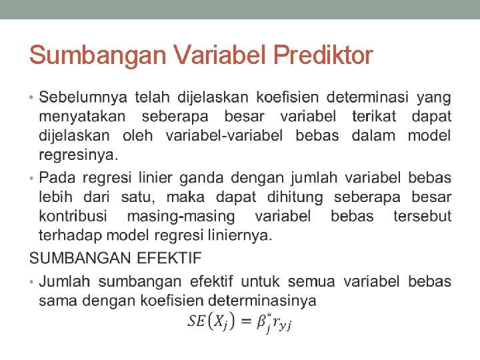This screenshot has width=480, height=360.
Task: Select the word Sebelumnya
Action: pos(83,98)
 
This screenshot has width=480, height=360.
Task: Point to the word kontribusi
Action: pos(77,217)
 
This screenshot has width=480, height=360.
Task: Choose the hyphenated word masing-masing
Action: pos(181,217)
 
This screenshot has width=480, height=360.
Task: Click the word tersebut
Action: pos(422,217)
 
